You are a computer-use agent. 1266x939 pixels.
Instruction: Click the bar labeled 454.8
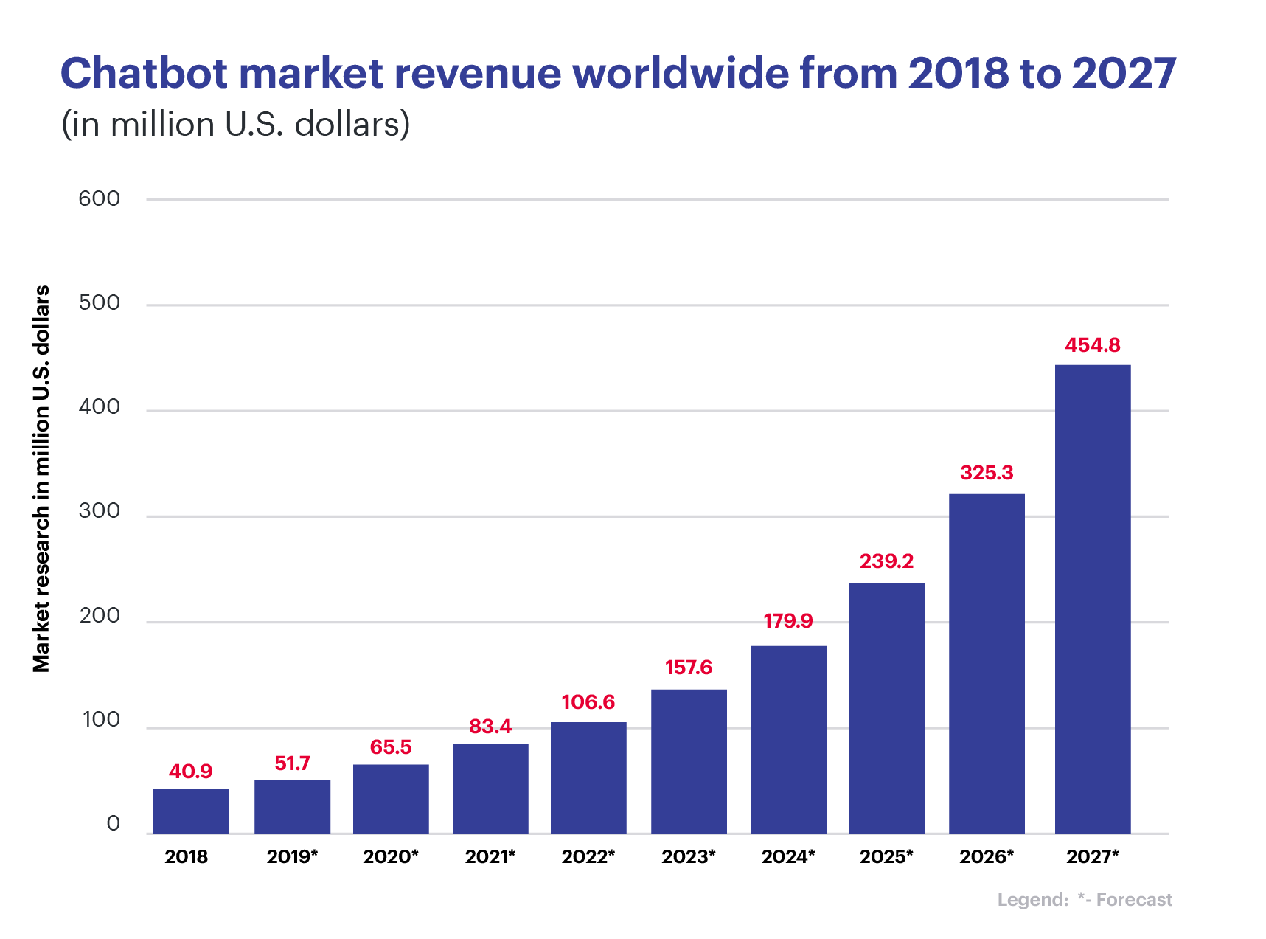(1093, 598)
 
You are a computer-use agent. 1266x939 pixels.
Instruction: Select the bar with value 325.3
(987, 663)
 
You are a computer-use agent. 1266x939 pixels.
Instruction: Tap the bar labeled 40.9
(190, 811)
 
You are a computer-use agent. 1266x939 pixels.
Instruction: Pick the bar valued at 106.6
(588, 777)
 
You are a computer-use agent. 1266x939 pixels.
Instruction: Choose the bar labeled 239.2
(886, 707)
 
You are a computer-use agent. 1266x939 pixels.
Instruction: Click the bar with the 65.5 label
(391, 798)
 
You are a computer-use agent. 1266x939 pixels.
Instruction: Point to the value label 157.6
(689, 668)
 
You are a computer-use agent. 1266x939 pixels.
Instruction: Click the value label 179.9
(787, 621)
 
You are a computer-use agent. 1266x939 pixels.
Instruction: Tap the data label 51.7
(292, 763)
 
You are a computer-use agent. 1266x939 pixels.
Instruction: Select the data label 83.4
(490, 727)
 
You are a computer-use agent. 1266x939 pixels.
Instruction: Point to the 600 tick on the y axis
(100, 198)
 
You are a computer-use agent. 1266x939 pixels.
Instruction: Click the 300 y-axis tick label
(100, 510)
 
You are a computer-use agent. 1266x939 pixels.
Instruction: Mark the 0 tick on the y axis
(113, 823)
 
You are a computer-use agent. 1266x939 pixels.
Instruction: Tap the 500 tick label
(100, 302)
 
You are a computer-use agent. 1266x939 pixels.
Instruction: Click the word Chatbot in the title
(144, 74)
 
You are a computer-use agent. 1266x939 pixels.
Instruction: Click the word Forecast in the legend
(1133, 899)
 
